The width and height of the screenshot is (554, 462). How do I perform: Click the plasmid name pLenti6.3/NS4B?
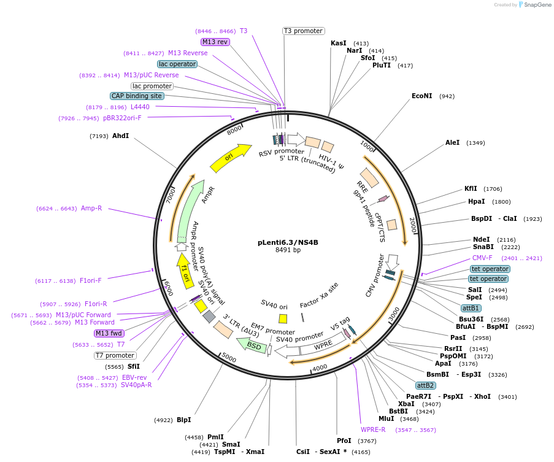[288, 242]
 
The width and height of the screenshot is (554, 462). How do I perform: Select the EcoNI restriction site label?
[421, 96]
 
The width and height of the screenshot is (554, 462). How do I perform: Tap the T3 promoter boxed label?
[303, 31]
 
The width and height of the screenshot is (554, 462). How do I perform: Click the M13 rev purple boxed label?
[215, 42]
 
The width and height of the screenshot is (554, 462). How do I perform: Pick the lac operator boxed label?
[177, 64]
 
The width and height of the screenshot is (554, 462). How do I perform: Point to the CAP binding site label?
[137, 96]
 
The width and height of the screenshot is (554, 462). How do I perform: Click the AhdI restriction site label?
[120, 136]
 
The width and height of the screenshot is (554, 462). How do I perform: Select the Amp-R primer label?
[91, 208]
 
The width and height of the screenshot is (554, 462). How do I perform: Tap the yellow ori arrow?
[230, 158]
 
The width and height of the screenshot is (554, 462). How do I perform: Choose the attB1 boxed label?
[471, 308]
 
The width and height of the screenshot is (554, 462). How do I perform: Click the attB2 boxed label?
[425, 385]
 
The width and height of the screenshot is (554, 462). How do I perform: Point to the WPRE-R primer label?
[373, 429]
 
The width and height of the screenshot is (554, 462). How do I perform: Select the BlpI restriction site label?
[183, 420]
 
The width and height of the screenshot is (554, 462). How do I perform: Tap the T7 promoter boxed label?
[115, 355]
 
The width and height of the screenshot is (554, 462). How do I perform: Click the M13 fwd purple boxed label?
[109, 333]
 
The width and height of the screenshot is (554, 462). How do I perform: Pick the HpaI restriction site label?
[476, 201]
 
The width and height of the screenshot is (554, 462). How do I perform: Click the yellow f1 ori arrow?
[183, 268]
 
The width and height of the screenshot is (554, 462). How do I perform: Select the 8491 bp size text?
[288, 250]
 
